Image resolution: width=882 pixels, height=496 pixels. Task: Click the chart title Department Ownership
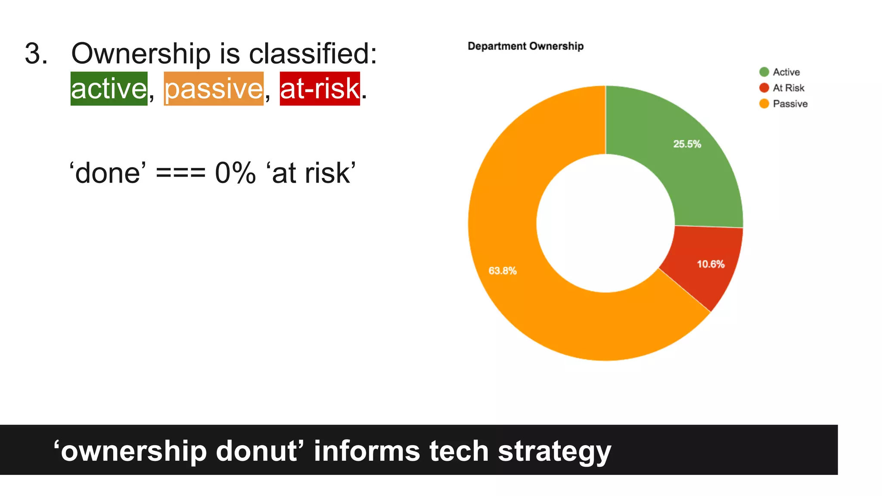click(x=525, y=46)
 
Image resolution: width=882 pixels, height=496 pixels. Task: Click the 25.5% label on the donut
click(x=687, y=144)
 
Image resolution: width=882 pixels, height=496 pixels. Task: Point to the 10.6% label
click(x=711, y=264)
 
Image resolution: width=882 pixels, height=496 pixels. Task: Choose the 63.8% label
click(x=502, y=271)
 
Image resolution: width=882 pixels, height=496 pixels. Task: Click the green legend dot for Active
click(x=764, y=72)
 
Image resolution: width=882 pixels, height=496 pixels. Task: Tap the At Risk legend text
click(x=788, y=88)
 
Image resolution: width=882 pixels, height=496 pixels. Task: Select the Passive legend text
click(x=790, y=104)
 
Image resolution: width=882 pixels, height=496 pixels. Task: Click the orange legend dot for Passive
click(x=764, y=104)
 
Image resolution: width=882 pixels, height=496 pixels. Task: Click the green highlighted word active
click(x=109, y=89)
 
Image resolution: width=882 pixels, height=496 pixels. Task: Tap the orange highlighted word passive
click(x=214, y=89)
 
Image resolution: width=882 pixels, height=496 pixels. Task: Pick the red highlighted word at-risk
click(x=320, y=89)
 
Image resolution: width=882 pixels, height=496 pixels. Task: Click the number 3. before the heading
click(x=36, y=54)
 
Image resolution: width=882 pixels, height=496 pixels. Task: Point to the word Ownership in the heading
click(x=141, y=54)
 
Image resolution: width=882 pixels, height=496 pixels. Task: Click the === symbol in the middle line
click(x=180, y=173)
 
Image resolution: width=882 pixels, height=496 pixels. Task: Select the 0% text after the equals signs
click(x=235, y=173)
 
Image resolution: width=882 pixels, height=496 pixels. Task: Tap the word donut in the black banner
click(x=257, y=451)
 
